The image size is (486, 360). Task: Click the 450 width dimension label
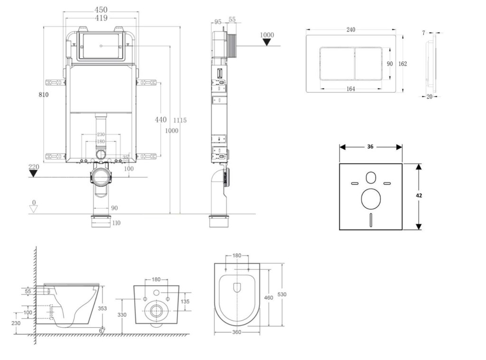(x=101, y=9)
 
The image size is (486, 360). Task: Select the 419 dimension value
(x=101, y=18)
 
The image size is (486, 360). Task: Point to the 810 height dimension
(x=44, y=95)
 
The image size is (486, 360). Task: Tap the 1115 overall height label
(x=180, y=120)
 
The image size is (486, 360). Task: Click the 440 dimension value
(x=161, y=120)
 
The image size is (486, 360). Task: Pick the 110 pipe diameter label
(x=116, y=223)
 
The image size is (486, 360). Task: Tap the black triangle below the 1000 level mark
(x=267, y=42)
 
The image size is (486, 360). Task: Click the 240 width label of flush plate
(x=351, y=30)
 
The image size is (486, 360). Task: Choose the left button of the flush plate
(x=336, y=63)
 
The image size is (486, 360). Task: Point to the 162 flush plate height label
(x=402, y=64)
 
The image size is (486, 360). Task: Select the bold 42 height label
(x=419, y=195)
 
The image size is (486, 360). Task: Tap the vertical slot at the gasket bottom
(x=370, y=219)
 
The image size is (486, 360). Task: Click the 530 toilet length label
(x=281, y=294)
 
